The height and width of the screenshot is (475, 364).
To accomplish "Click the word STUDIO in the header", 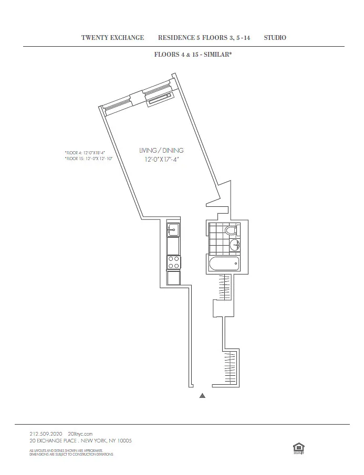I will pos(275,38).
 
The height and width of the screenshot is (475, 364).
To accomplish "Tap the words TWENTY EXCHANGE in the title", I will pos(112,38).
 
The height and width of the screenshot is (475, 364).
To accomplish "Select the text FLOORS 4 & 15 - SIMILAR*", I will pos(193,54).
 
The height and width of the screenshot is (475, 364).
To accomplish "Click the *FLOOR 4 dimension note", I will pos(85,152).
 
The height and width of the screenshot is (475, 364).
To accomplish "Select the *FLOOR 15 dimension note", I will pos(88,158).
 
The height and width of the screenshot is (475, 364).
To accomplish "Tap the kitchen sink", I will pos(173,229).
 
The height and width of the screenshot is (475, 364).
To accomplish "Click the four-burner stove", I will pos(173,261).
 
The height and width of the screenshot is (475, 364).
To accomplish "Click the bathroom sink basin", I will pos(235,245).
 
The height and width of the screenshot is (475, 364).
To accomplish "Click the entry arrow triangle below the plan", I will pos(202,396).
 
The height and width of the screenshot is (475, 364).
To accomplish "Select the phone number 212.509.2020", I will pos(46,434).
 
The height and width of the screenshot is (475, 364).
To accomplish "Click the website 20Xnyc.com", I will pos(80,434).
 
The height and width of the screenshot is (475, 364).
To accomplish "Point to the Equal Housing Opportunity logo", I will pos(297,447).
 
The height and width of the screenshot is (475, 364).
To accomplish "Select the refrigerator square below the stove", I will pos(173,278).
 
